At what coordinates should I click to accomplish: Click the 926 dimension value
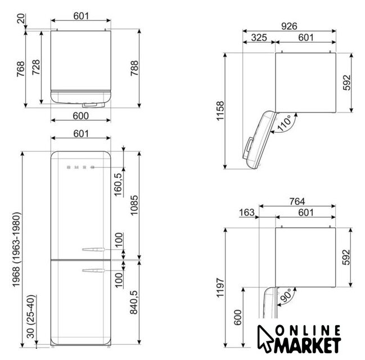point(289,26)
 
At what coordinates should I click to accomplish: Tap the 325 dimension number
point(259,38)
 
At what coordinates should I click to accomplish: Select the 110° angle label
point(284,123)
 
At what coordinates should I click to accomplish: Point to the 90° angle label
point(286,295)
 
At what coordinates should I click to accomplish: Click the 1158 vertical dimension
point(220,111)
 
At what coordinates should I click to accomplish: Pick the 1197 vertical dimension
point(220,287)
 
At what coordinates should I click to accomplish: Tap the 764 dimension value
point(297,201)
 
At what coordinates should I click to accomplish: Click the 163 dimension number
point(247,213)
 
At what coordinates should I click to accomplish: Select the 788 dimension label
point(134,68)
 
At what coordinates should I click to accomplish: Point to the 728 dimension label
point(36,67)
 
